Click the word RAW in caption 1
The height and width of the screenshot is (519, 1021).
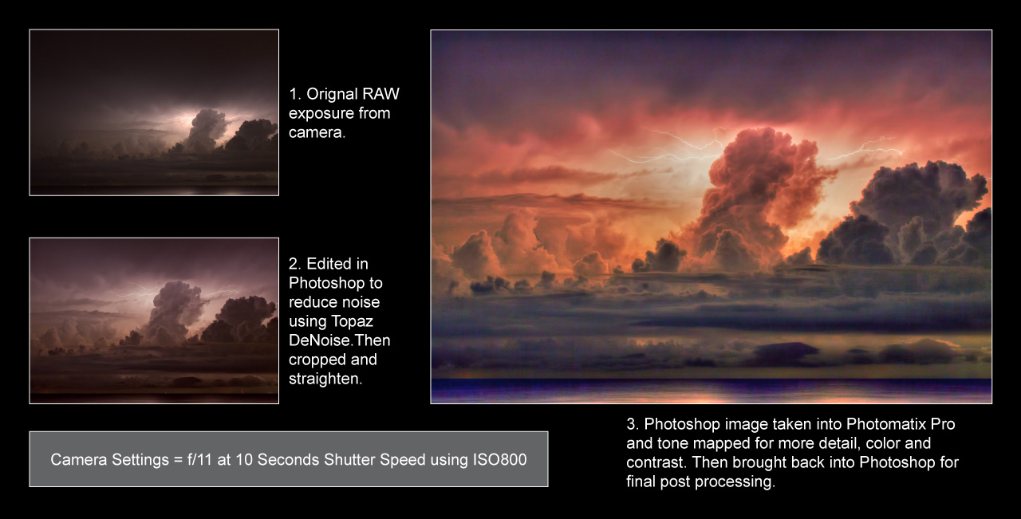pyautogui.click(x=380, y=94)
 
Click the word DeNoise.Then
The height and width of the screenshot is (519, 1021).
pyautogui.click(x=340, y=340)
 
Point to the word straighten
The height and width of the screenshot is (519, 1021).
pyautogui.click(x=325, y=379)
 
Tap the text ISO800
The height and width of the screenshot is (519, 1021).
pyautogui.click(x=498, y=460)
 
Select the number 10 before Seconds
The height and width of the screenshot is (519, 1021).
pyautogui.click(x=243, y=460)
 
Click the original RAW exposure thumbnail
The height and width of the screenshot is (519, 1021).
pyautogui.click(x=154, y=112)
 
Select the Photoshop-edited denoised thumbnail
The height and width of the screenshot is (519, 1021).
pyautogui.click(x=154, y=320)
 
